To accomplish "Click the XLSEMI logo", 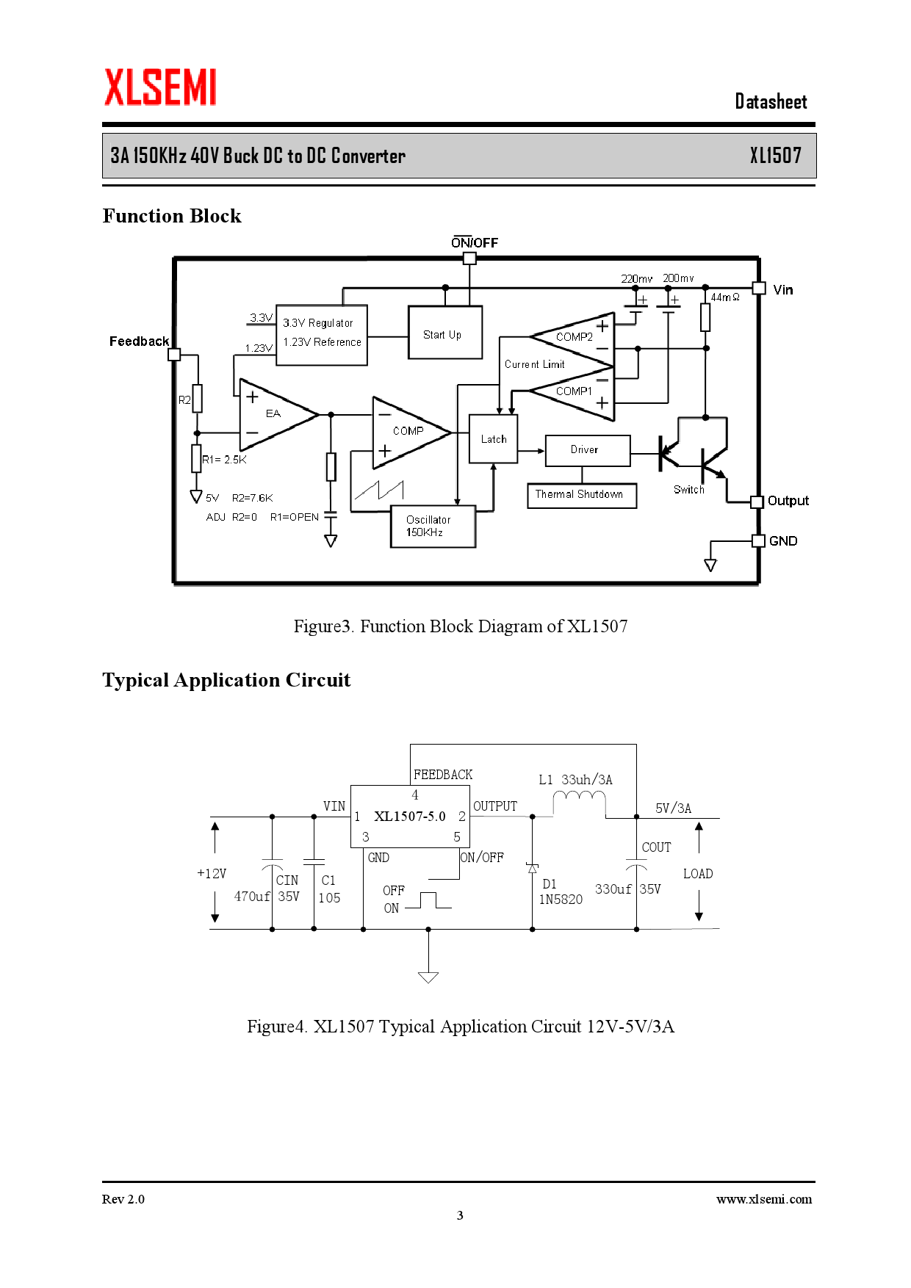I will click(x=160, y=87).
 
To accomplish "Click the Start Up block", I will click(x=444, y=333).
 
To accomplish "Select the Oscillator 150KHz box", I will click(x=433, y=527).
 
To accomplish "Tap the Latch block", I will click(x=493, y=438).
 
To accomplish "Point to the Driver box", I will click(x=587, y=450).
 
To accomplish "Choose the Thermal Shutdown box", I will click(x=581, y=495).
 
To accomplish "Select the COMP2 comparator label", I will click(x=574, y=337).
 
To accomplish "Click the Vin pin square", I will click(x=759, y=289).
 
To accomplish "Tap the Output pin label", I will click(x=788, y=501).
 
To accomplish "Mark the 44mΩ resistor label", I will click(x=724, y=297).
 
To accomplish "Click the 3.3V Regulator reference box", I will click(x=321, y=334).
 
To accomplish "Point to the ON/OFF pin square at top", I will click(x=469, y=258).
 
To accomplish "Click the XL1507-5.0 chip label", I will click(x=409, y=817).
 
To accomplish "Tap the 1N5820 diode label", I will click(x=561, y=900).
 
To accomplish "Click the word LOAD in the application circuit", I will click(x=697, y=874).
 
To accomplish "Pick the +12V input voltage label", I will click(x=212, y=874).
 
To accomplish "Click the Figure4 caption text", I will click(x=460, y=1027).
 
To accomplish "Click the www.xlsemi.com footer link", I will click(x=763, y=1199).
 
